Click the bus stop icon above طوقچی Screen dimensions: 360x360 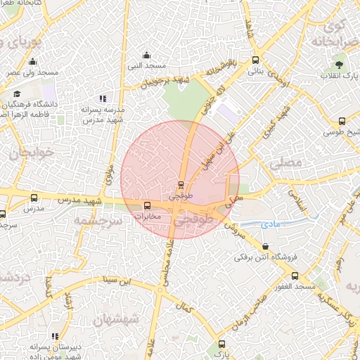pos(181,186)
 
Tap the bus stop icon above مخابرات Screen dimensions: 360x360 pos(147,206)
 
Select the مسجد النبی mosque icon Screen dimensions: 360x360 pos(146,56)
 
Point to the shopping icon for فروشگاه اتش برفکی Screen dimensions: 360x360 pos(264,247)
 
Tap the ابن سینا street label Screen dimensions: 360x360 pos(117,281)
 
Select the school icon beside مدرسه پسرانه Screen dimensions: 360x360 pos(103,99)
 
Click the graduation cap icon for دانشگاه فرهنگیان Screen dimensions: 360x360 pos(17,94)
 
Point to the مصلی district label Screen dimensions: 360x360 pos(285,162)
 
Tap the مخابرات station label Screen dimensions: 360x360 pos(148,217)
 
